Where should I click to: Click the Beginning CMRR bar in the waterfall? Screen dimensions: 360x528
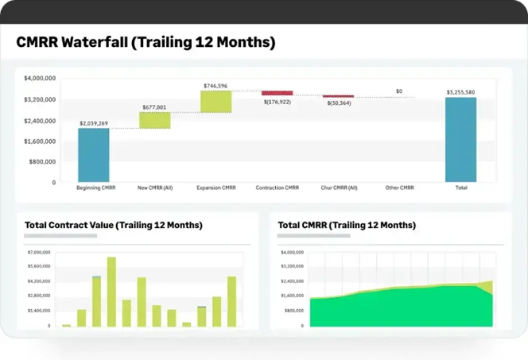tap(93, 155)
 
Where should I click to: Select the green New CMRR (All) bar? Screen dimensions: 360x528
tap(155, 119)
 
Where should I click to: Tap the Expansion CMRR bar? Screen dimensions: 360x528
tap(215, 101)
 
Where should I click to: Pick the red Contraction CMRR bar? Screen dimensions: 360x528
tap(277, 93)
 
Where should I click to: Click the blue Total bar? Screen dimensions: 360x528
tap(460, 139)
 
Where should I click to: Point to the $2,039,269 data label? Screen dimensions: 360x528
tap(94, 123)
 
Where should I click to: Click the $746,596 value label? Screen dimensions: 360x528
tap(215, 86)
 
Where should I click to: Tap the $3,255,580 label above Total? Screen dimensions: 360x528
tap(460, 92)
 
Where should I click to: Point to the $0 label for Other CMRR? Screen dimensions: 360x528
tap(398, 91)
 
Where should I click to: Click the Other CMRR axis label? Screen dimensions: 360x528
tap(398, 188)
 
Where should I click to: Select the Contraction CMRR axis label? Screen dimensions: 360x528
tap(277, 188)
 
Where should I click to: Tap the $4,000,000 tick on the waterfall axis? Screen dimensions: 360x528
tap(40, 79)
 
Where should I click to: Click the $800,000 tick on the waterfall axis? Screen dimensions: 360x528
tap(42, 161)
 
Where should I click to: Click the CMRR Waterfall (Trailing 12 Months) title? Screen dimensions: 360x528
tap(146, 43)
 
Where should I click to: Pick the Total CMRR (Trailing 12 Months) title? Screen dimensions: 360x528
tap(347, 225)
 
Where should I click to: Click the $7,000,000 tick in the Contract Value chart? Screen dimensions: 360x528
tap(39, 252)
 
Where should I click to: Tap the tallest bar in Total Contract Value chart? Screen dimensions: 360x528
tap(111, 292)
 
